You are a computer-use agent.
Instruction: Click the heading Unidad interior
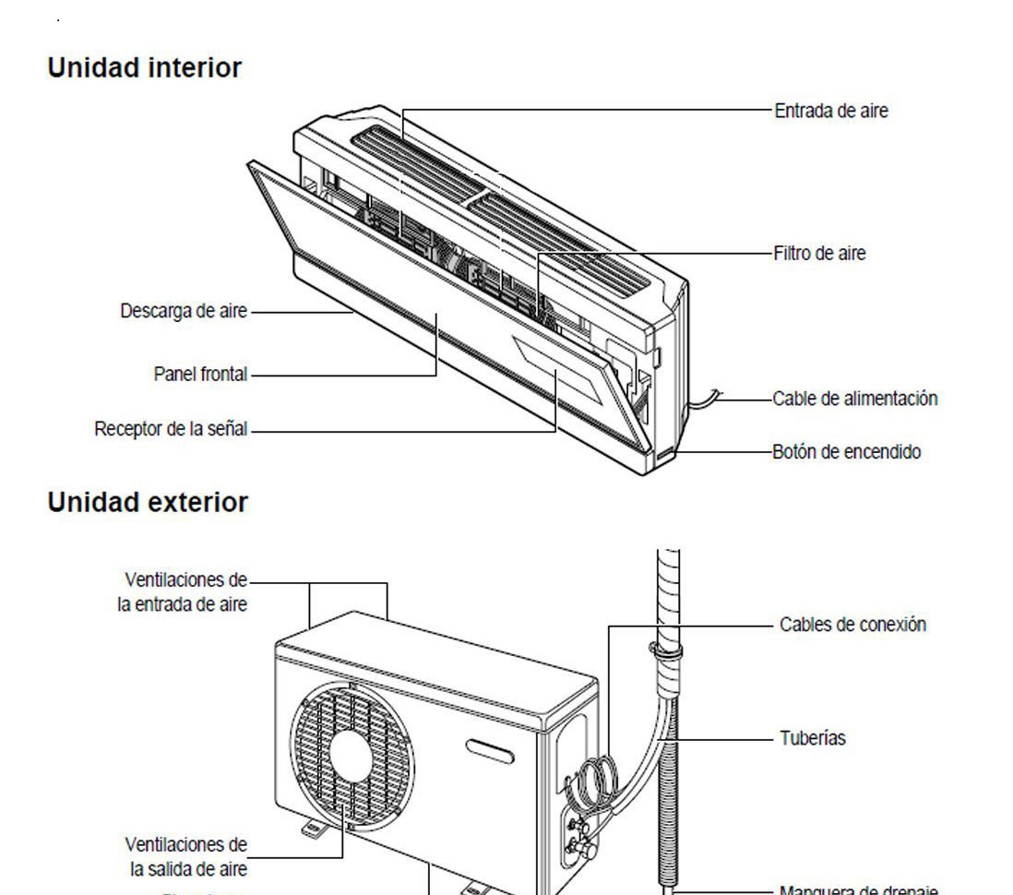(x=145, y=68)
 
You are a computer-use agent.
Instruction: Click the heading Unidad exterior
(x=148, y=503)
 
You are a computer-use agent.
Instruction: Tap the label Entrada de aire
(x=831, y=111)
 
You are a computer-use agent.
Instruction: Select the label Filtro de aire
(x=819, y=253)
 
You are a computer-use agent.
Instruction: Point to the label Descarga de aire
(x=184, y=311)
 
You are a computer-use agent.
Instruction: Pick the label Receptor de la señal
(x=171, y=430)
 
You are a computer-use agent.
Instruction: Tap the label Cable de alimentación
(x=855, y=399)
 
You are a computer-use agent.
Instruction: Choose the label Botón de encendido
(x=847, y=452)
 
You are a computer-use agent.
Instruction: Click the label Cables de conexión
(x=852, y=625)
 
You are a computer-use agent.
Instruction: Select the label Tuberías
(x=813, y=738)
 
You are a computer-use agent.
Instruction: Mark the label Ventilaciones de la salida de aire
(x=185, y=856)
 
